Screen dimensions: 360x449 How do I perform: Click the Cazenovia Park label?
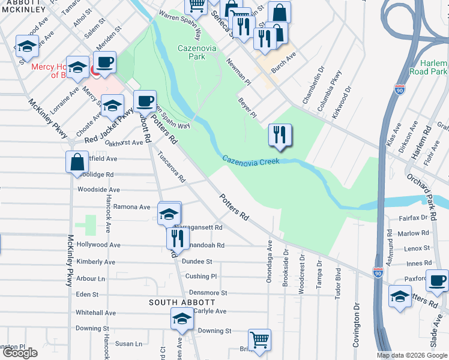pos(191,52)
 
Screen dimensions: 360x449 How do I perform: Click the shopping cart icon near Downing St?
pos(259,340)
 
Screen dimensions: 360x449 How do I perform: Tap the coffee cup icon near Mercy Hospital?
pos(104,62)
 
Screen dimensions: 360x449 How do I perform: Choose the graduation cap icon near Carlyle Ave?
pos(182,319)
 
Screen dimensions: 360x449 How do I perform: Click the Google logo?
pos(20,353)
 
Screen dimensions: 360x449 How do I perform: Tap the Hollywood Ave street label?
pos(98,245)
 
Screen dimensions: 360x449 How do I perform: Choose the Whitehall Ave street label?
pos(95,313)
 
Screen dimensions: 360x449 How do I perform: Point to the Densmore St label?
pos(206,293)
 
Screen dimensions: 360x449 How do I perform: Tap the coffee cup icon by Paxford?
pos(437,280)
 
